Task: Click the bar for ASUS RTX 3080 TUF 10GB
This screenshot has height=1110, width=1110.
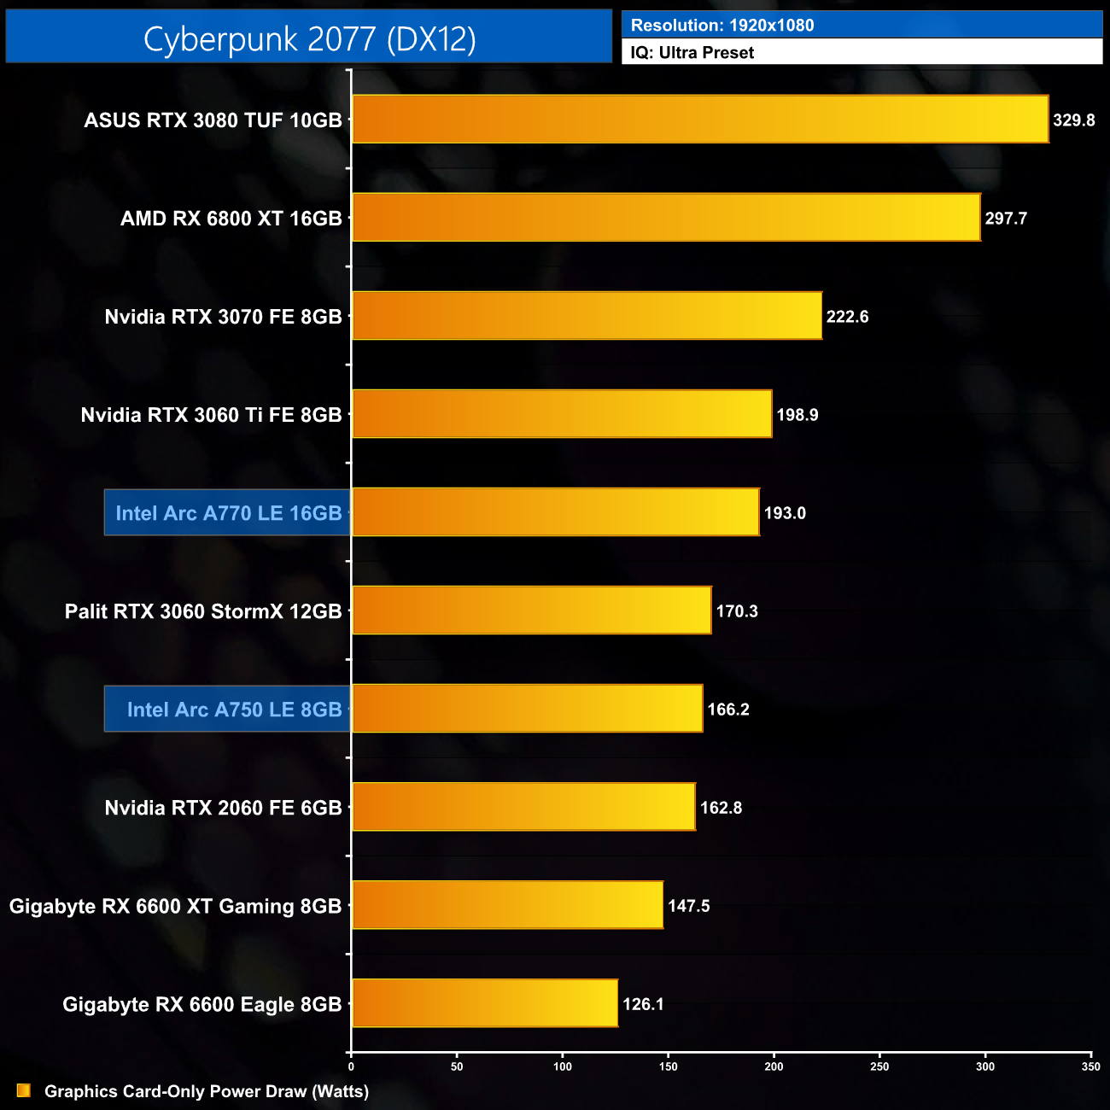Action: point(700,119)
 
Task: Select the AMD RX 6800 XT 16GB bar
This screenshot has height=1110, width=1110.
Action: point(666,218)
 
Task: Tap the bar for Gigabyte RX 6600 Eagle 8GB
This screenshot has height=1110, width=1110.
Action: point(485,1003)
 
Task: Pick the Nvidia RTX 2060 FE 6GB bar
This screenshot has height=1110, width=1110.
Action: point(523,807)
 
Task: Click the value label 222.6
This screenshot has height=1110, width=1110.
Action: point(847,317)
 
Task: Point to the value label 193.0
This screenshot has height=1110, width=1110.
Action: point(785,513)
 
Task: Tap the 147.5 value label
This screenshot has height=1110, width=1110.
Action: point(688,906)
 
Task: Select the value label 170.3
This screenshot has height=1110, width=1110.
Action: point(737,611)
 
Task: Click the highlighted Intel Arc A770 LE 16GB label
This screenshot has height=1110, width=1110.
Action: point(228,513)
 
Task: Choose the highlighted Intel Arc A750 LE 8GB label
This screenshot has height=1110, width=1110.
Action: point(234,710)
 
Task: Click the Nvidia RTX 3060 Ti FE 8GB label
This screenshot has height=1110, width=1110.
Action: point(211,415)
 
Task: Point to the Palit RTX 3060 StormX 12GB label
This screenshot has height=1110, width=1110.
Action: point(203,611)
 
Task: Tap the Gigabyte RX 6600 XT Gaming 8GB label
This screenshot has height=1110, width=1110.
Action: point(175,906)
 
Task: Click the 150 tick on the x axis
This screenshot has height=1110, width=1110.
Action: point(668,1066)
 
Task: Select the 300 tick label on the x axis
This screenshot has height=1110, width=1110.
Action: point(984,1066)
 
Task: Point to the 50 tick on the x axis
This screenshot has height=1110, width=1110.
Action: point(457,1066)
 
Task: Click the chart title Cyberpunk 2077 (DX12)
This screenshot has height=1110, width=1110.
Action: point(309,38)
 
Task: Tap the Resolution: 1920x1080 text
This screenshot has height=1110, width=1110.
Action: point(722,26)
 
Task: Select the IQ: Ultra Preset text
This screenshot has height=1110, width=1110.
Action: point(692,53)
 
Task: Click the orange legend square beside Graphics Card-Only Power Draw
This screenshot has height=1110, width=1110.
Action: point(24,1091)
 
